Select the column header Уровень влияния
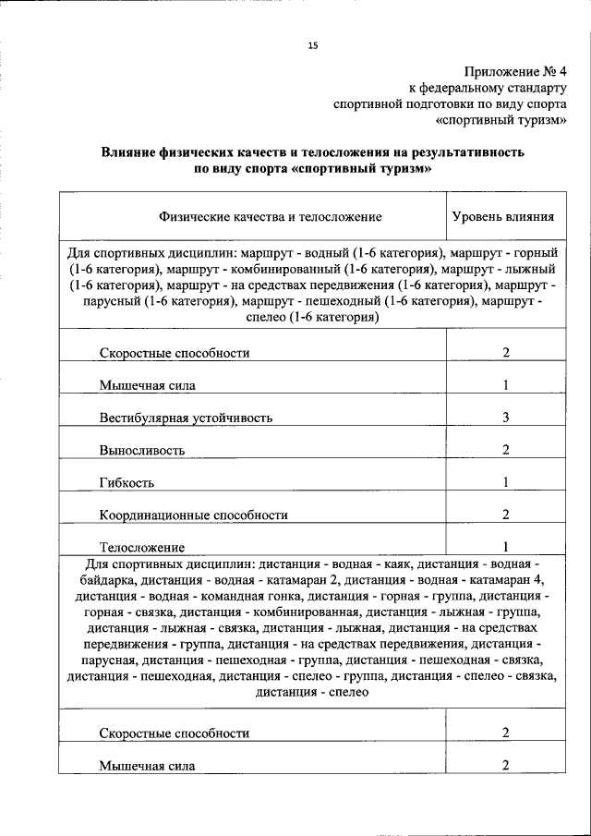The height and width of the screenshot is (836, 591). (x=502, y=217)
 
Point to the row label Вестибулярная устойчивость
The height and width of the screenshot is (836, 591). (x=186, y=418)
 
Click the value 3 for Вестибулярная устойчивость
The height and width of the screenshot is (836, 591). (x=506, y=418)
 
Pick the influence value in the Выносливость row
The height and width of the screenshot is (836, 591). (x=506, y=450)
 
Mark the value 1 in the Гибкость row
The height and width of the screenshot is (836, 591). (x=506, y=482)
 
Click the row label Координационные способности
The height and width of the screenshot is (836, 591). (x=193, y=515)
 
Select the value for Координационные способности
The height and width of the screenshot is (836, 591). (x=506, y=515)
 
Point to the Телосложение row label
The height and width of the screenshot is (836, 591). (x=142, y=547)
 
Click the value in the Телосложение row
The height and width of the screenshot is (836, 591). (x=506, y=546)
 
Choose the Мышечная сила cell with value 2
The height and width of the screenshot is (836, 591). (x=506, y=765)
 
